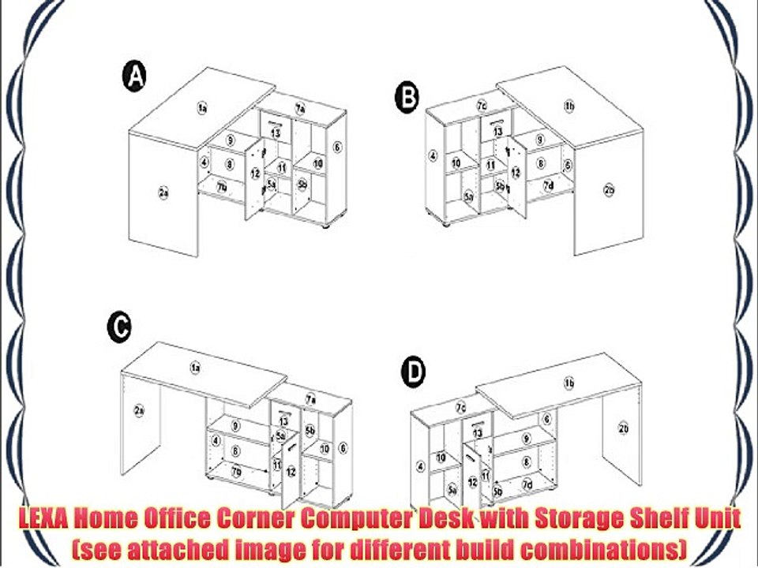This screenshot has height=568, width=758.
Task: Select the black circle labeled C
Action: coord(118,327)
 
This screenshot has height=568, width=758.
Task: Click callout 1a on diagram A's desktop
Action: coord(202,107)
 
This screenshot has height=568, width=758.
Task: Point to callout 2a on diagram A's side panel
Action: coord(163,192)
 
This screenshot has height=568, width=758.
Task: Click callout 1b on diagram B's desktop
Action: coord(568,106)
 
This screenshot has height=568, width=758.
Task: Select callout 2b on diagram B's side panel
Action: coord(609,190)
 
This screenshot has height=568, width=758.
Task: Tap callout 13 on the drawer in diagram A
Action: coord(275,133)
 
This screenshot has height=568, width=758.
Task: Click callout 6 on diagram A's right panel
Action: coord(337,147)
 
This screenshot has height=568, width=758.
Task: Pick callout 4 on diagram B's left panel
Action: coord(433,155)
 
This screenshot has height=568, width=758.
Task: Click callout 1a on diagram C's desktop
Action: coord(195,367)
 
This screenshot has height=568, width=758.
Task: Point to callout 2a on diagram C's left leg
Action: coord(139,411)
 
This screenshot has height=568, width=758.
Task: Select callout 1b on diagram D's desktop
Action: coord(568,383)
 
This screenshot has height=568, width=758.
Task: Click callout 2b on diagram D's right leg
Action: coord(623,429)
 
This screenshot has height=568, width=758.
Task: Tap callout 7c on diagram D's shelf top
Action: coord(461,407)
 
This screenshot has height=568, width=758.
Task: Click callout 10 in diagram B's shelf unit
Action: coord(456,163)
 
